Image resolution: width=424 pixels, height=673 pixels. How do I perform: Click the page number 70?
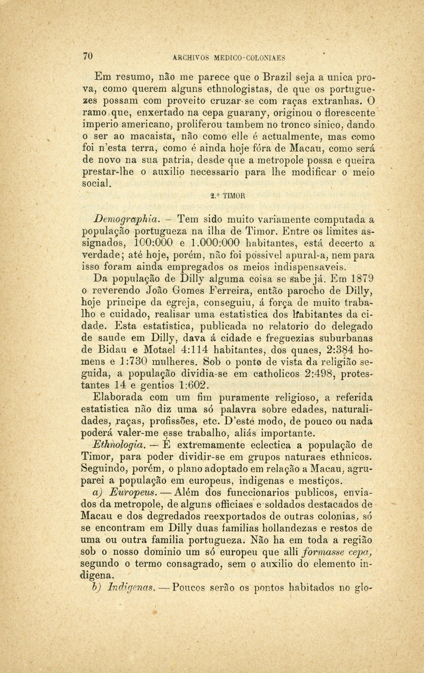click(88, 56)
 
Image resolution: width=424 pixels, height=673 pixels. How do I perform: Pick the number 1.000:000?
click(215, 243)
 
